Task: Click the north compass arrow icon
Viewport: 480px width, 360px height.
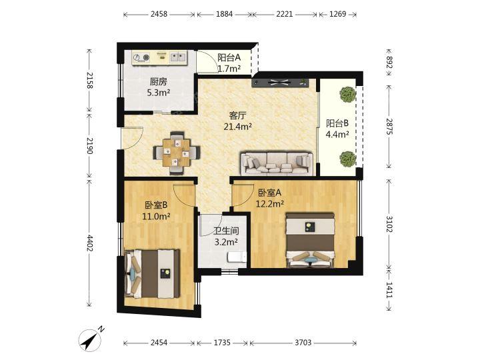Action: (x=90, y=339)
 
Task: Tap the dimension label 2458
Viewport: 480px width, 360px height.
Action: (x=159, y=14)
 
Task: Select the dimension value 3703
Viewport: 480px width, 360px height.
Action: (x=303, y=342)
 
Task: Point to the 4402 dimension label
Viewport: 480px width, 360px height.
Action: (x=89, y=243)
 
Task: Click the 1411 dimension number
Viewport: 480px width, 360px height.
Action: (x=389, y=289)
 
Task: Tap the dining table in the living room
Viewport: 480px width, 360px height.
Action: (x=176, y=153)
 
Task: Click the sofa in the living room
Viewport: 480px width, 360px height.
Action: (x=277, y=163)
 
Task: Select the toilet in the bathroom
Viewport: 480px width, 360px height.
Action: (x=237, y=257)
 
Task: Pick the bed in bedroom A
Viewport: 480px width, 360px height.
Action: (x=309, y=240)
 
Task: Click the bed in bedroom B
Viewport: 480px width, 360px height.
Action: (x=153, y=273)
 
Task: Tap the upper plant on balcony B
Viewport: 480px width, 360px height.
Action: (x=348, y=94)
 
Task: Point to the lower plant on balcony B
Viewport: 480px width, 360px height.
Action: (x=348, y=159)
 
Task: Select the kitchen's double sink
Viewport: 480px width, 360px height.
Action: (x=178, y=57)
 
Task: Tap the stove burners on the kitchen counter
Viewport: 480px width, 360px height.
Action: (x=142, y=57)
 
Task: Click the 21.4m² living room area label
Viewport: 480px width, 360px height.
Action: (x=238, y=127)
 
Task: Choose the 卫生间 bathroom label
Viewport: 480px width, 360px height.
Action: (x=226, y=231)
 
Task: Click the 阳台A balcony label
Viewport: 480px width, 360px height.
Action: (x=229, y=57)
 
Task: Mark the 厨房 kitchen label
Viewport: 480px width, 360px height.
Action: (x=159, y=82)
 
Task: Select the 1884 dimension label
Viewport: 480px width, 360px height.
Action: (x=225, y=14)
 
